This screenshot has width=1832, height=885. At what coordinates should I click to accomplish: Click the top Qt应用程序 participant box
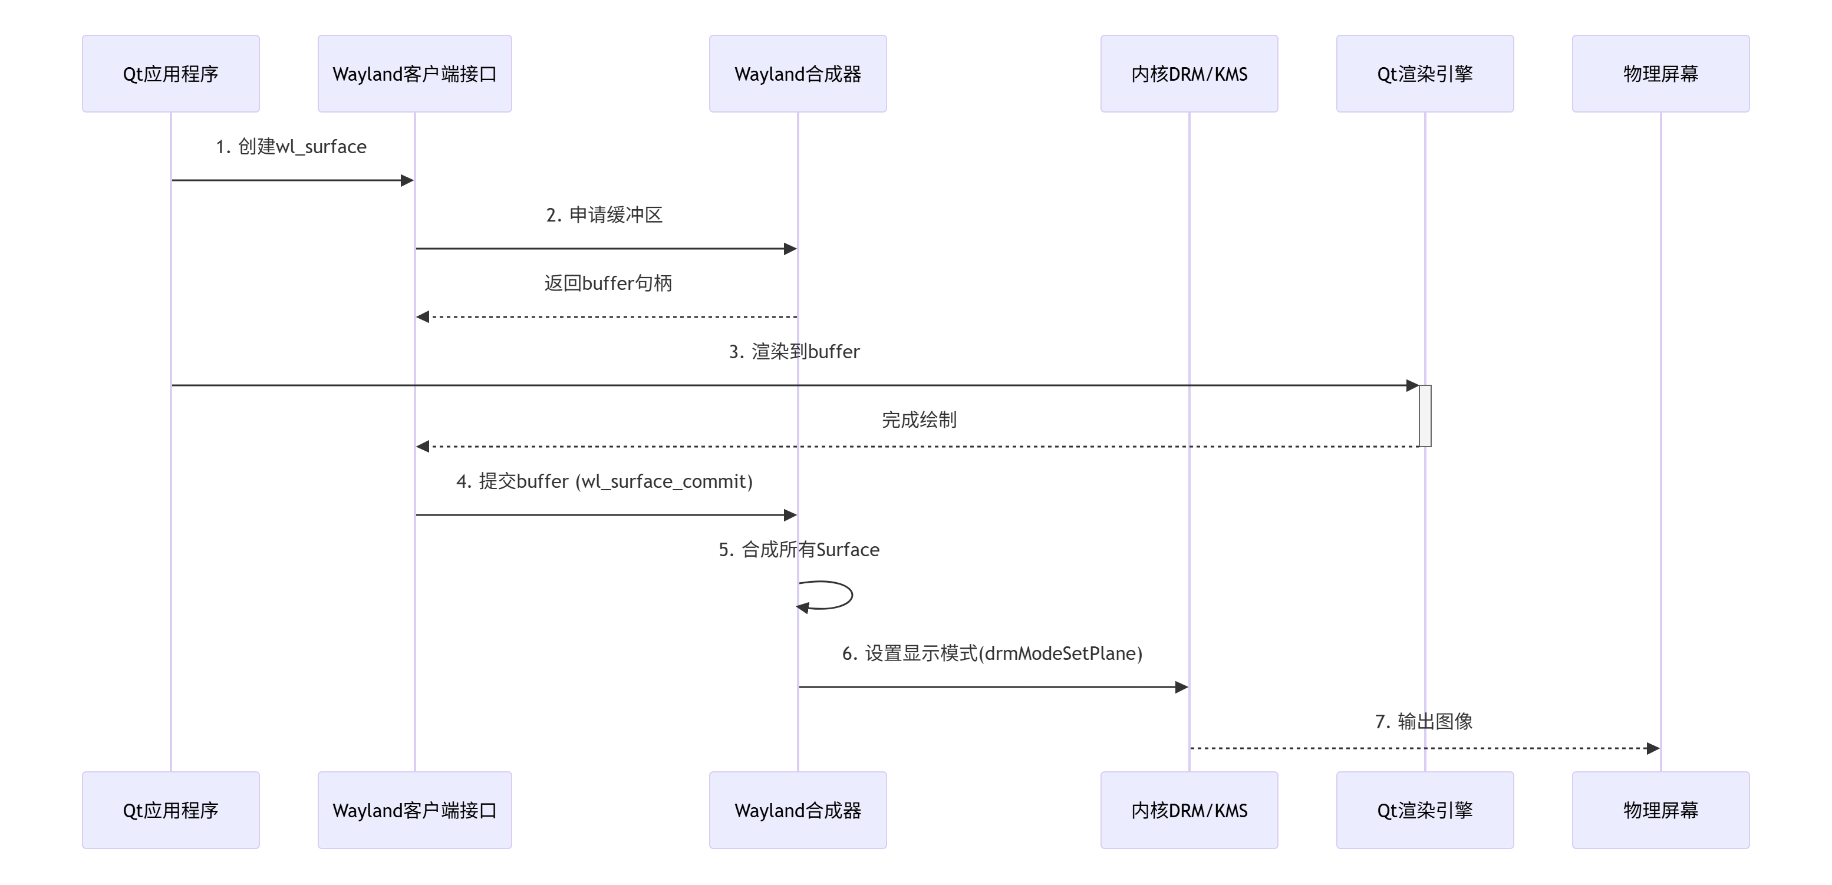(x=171, y=74)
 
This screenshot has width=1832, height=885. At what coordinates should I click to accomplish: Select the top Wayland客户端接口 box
(x=414, y=74)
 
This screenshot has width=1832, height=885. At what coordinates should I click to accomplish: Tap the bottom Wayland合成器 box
(x=798, y=810)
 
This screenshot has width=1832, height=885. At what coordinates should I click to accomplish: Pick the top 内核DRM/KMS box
(x=1189, y=74)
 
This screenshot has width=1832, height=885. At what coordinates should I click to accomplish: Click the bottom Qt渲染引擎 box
(x=1425, y=810)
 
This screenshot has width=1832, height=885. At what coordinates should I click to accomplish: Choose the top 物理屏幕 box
(x=1660, y=74)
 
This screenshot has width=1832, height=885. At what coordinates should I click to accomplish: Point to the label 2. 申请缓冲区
(x=605, y=214)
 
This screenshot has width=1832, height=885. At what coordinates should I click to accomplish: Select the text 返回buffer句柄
(x=608, y=283)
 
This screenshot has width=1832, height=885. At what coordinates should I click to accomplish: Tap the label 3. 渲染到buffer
(x=795, y=351)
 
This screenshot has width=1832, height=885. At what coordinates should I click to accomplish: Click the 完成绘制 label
(x=919, y=420)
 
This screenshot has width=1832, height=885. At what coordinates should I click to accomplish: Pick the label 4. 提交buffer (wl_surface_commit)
(x=605, y=481)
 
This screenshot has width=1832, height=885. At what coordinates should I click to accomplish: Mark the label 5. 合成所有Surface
(x=799, y=550)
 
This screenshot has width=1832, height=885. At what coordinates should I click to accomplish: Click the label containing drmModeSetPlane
(x=992, y=653)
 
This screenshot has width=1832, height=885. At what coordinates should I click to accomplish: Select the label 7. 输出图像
(x=1424, y=722)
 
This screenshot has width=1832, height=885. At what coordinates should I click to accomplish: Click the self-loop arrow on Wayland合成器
(x=851, y=595)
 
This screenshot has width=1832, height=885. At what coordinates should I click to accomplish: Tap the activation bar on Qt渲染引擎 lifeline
(x=1425, y=416)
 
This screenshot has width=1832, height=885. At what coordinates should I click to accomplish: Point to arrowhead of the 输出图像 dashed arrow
(x=1653, y=748)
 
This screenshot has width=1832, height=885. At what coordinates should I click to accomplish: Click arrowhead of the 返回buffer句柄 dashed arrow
(x=423, y=317)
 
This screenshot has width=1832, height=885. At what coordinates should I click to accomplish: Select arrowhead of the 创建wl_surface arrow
(x=407, y=180)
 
